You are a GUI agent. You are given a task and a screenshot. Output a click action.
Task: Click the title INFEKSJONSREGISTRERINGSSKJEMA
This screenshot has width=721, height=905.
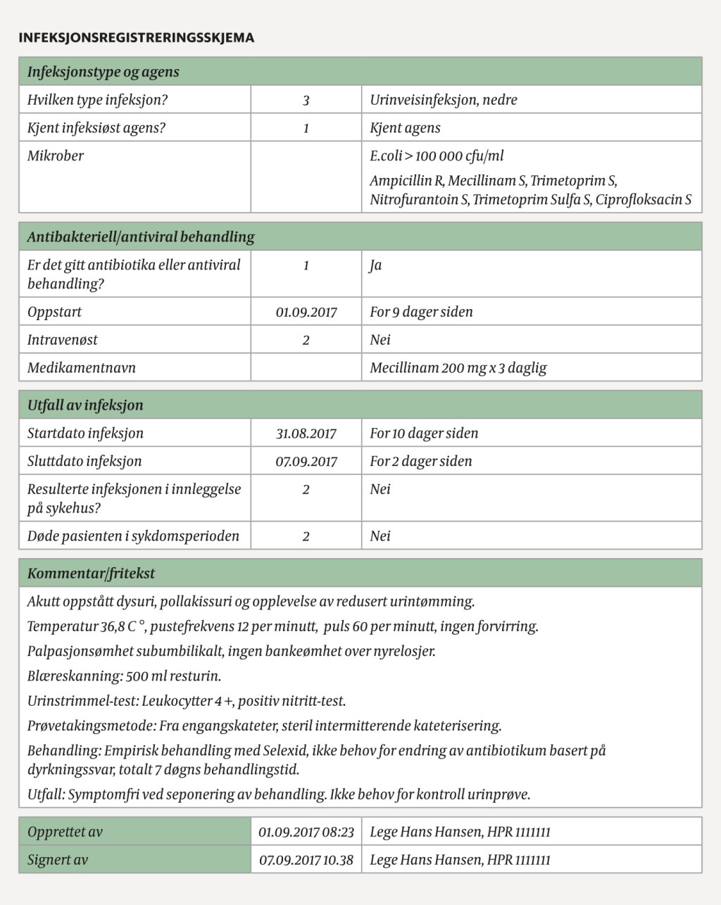(137, 38)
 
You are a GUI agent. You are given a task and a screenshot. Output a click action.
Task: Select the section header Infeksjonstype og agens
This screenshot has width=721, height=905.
(103, 72)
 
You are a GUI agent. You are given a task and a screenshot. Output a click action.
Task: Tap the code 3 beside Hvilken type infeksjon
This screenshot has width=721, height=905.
(306, 101)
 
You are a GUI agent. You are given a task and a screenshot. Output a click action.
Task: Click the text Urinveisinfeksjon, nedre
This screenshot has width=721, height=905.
(443, 100)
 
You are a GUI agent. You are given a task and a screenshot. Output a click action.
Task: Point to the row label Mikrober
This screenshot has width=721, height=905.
(55, 156)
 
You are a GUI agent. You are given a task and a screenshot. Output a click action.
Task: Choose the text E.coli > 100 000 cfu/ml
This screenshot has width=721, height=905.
(437, 156)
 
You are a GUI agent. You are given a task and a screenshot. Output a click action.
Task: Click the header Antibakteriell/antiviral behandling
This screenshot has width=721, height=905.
(141, 237)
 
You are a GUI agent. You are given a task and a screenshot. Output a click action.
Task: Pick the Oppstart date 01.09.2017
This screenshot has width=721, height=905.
(306, 312)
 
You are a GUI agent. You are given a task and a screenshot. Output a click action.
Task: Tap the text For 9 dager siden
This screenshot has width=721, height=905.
(421, 312)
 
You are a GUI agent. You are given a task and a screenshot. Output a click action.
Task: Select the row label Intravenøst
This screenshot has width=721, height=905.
(62, 340)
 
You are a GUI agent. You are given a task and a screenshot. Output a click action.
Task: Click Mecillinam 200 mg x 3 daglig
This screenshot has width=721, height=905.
(458, 368)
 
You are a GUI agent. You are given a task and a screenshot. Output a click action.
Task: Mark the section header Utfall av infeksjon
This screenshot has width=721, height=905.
(84, 405)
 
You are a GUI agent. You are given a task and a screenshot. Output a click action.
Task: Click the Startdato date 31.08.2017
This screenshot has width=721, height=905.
(306, 434)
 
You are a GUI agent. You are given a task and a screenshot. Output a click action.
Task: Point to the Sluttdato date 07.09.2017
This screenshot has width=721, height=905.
(306, 462)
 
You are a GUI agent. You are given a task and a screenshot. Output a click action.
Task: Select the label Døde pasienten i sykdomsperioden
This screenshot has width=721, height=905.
(133, 536)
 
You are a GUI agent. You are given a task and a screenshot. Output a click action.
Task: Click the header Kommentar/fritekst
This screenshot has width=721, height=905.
(91, 574)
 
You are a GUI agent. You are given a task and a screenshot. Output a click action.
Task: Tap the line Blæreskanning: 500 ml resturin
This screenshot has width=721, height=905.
(124, 676)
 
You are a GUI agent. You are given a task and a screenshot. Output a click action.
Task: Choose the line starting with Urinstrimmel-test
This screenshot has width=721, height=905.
(186, 701)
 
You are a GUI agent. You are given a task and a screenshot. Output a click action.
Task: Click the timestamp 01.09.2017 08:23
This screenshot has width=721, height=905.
(306, 833)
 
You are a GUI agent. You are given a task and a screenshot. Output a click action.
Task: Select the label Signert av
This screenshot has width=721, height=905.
(57, 860)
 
